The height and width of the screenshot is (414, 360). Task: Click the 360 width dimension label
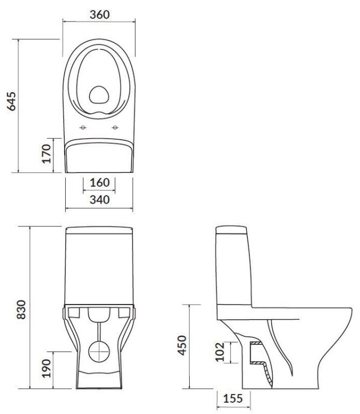(100, 15)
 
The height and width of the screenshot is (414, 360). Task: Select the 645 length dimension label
(11, 101)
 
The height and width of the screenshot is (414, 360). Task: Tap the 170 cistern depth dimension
(46, 154)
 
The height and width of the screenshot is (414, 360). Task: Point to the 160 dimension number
(100, 182)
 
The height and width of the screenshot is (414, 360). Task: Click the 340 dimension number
(100, 200)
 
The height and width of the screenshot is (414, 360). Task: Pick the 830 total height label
(21, 310)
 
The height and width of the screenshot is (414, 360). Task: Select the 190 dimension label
(46, 368)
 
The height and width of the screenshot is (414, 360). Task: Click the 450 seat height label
(182, 346)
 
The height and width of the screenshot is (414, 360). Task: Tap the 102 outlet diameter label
(219, 352)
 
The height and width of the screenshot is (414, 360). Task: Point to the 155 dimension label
(233, 398)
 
